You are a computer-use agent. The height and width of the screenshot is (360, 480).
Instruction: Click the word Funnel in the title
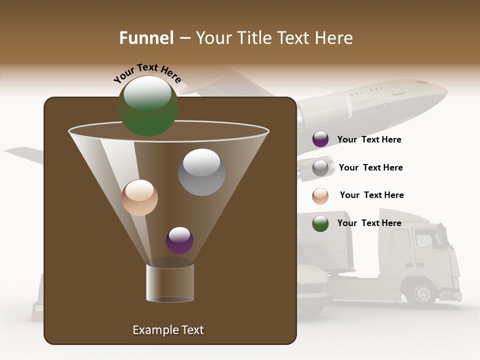146,38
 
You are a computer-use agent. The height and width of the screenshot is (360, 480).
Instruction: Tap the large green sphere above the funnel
148,105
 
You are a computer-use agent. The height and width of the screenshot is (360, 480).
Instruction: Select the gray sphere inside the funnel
201,171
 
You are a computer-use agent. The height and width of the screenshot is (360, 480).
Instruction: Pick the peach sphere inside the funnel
139,197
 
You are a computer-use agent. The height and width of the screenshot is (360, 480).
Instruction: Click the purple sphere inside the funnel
179,240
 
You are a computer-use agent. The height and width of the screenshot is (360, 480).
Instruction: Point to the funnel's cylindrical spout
169,283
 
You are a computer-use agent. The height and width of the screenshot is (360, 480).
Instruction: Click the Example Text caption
168,330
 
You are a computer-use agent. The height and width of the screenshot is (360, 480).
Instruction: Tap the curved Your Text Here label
147,73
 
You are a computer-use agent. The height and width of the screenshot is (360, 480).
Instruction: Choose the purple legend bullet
320,139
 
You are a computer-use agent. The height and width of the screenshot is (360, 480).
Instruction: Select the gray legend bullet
320,168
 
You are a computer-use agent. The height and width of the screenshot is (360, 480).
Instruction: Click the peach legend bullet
320,196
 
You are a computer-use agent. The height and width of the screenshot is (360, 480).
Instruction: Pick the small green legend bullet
320,223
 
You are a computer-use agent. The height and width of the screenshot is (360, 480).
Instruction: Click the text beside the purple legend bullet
369,140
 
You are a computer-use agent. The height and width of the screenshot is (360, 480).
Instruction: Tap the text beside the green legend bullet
369,223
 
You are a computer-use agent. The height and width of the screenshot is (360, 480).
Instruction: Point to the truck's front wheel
421,293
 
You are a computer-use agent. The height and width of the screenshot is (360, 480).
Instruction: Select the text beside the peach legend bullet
371,195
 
